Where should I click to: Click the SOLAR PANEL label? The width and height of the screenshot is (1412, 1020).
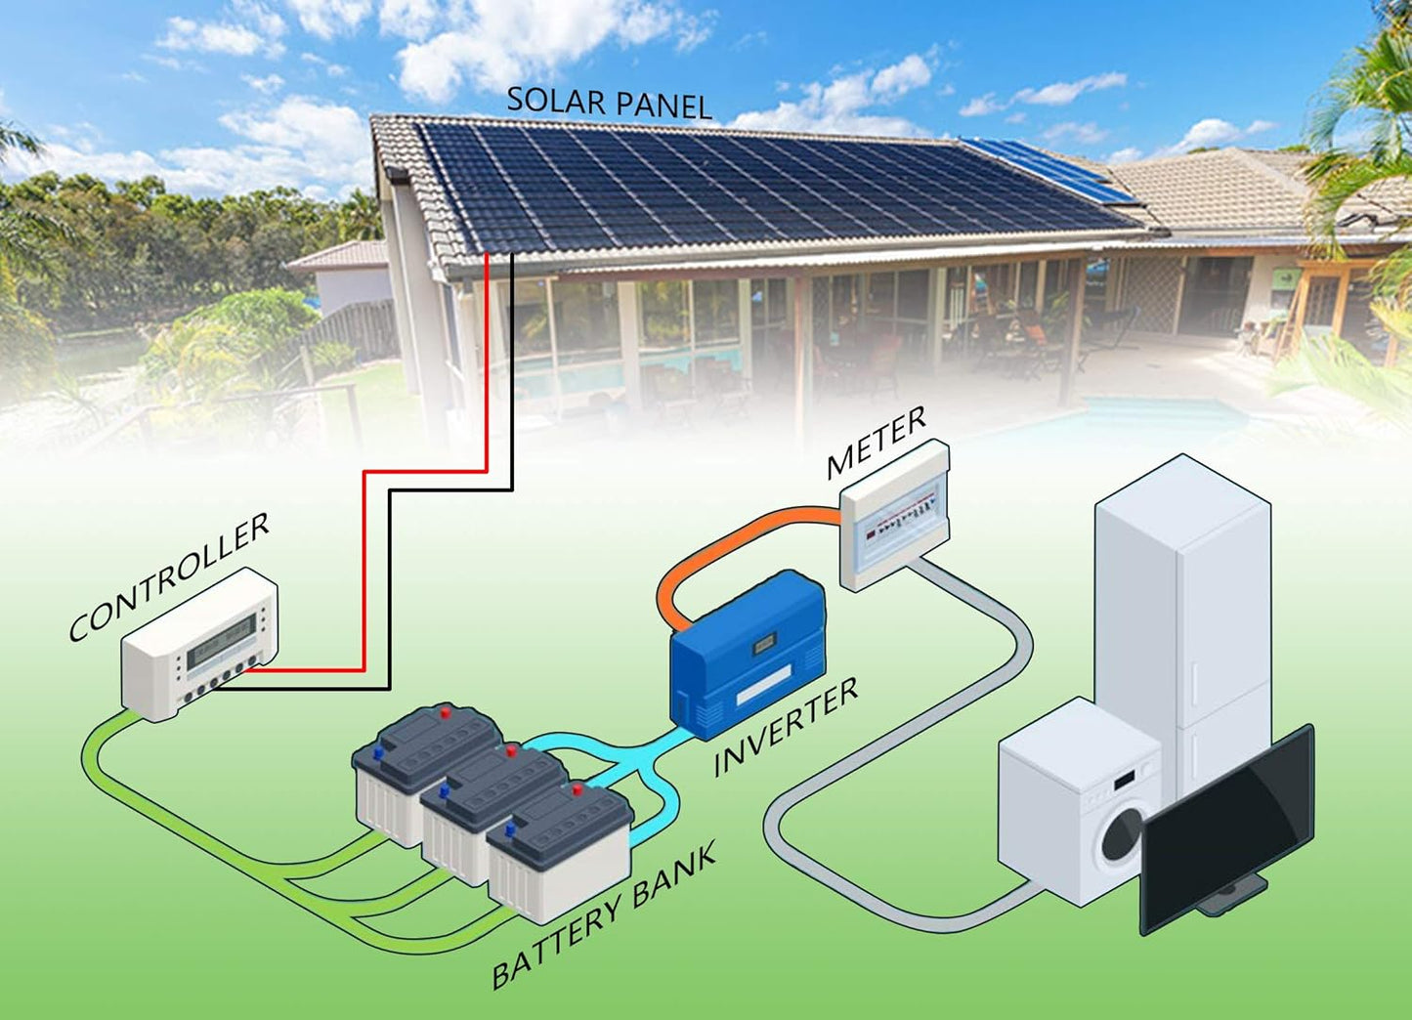coord(609,103)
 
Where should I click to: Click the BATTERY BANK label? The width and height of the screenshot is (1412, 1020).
coord(603,914)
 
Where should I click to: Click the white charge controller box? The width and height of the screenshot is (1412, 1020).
coord(199,645)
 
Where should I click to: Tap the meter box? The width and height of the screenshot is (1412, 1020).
coord(895,514)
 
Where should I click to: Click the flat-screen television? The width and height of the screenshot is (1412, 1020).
coord(1227,826)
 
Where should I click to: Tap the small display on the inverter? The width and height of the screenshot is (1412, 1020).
coord(764,643)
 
